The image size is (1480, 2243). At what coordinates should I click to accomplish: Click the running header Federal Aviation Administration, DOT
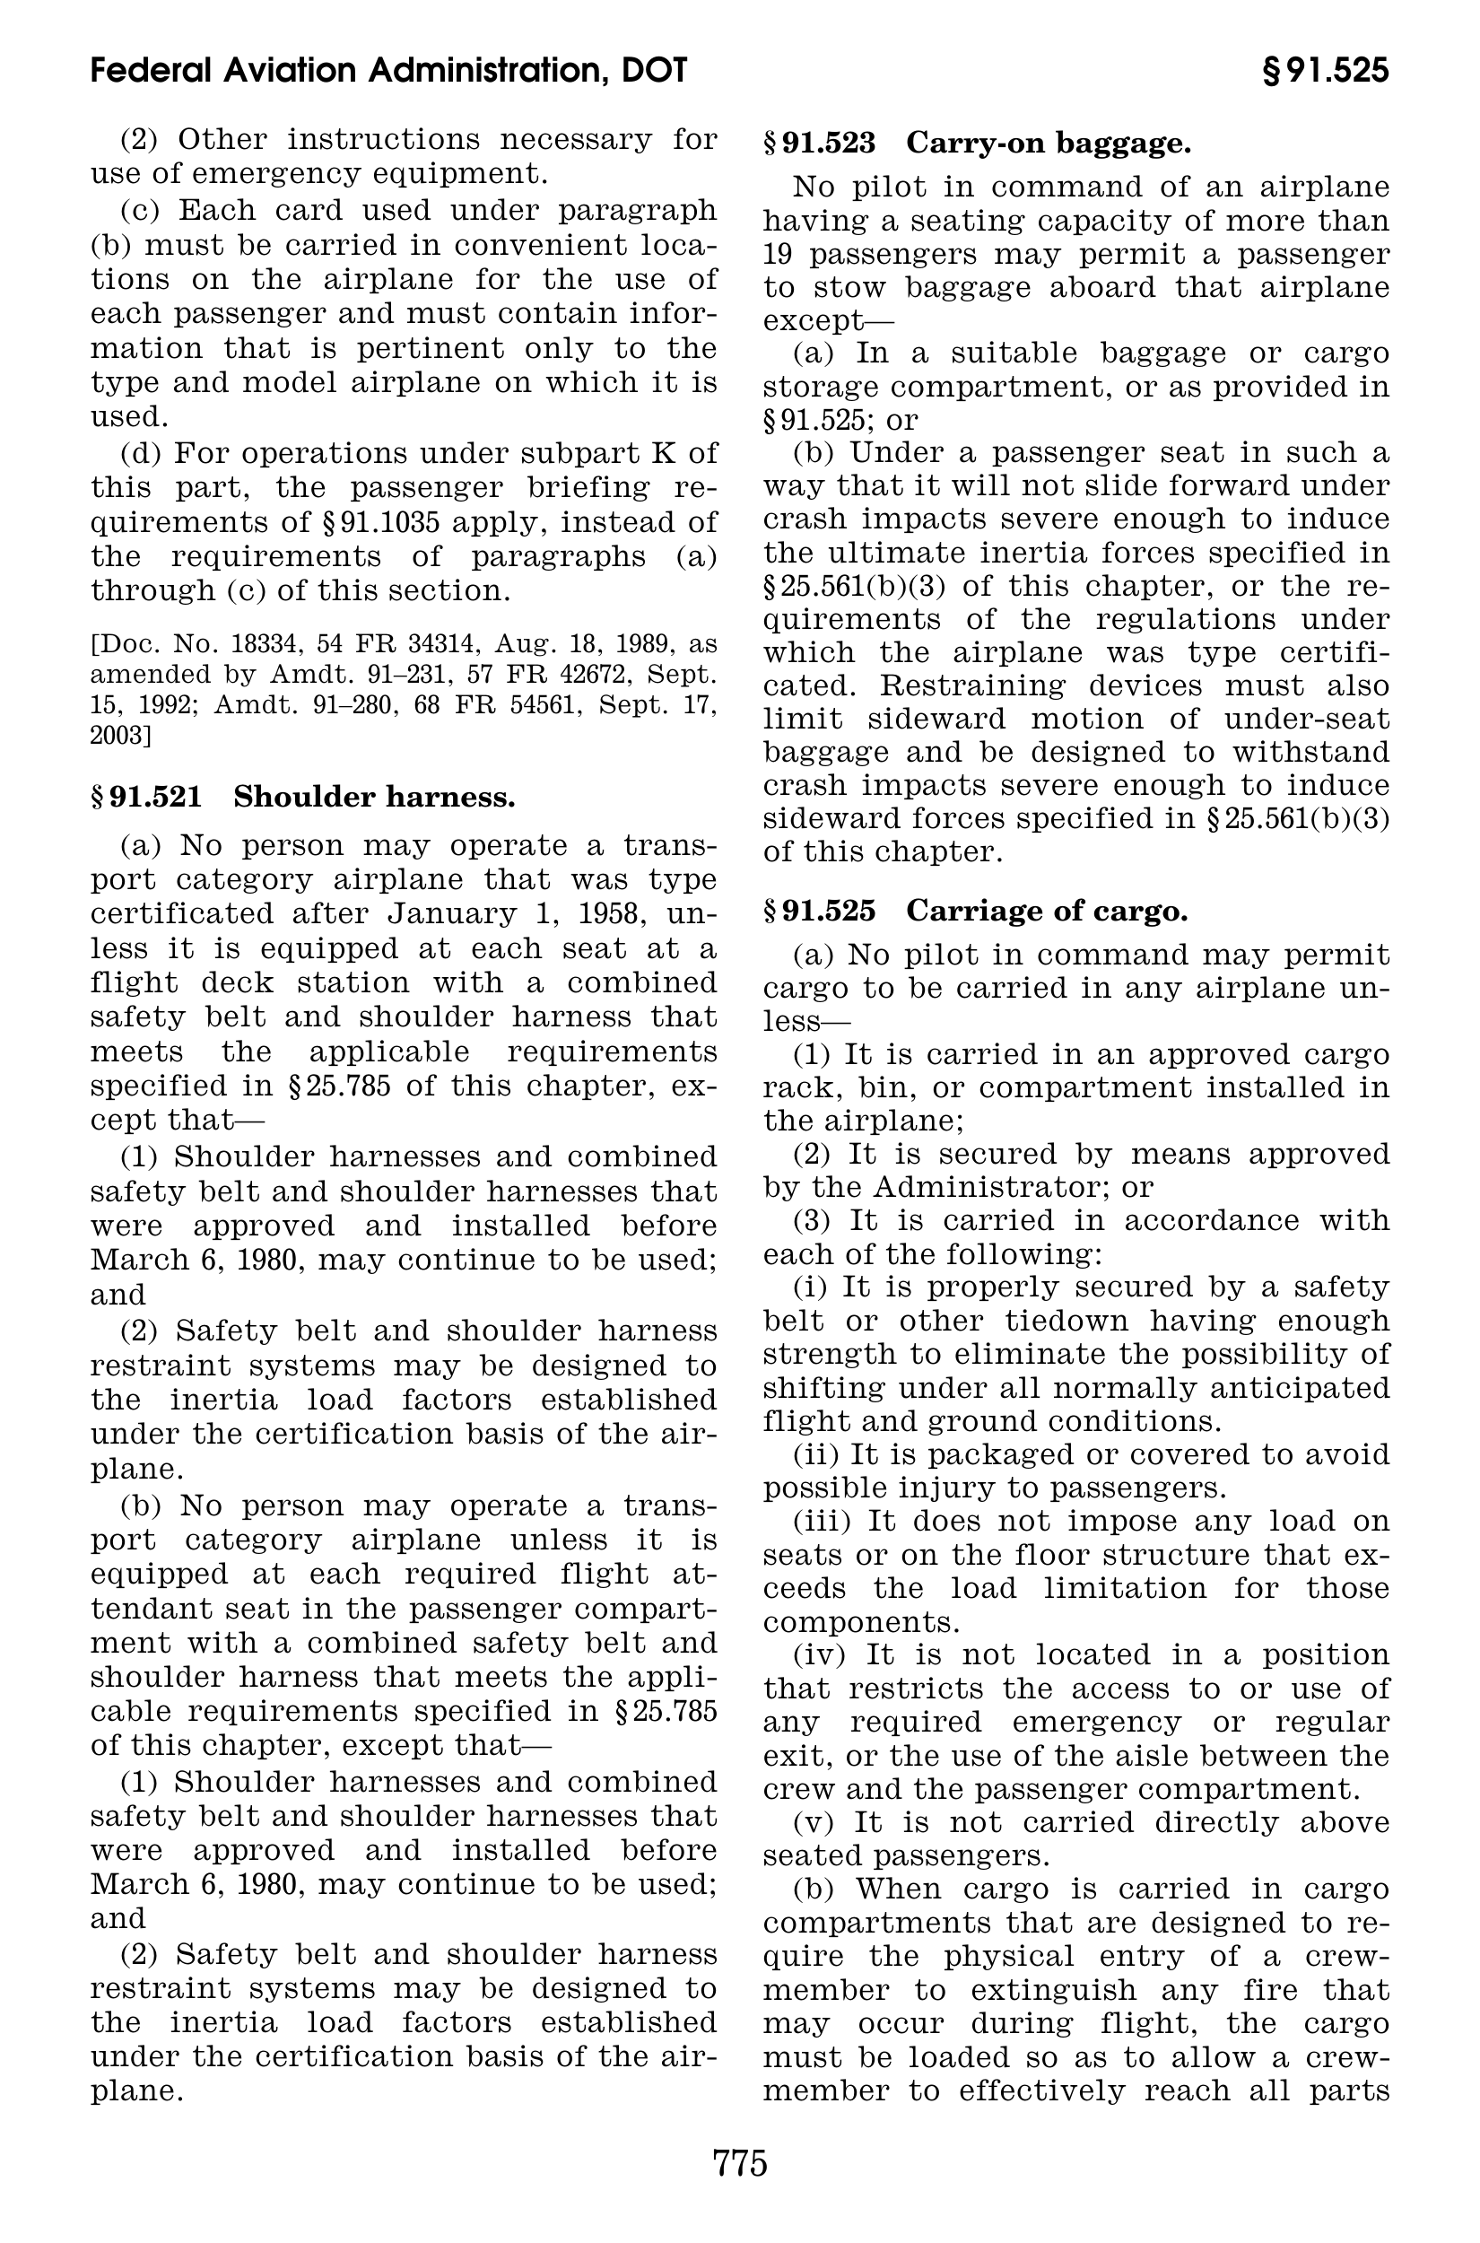point(389,71)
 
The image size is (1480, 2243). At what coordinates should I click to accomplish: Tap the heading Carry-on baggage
point(1048,144)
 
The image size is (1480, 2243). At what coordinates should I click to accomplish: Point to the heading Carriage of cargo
point(1046,911)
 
